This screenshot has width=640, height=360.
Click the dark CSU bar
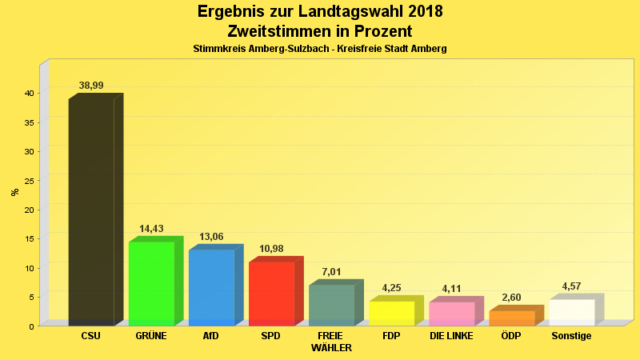tap(91, 212)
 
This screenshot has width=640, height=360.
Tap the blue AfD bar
tap(211, 287)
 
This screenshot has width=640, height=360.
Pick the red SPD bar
tap(271, 293)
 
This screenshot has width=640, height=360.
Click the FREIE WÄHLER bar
tap(331, 305)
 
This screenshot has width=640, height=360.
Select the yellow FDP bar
tap(391, 313)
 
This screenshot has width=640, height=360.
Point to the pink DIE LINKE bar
tap(451, 314)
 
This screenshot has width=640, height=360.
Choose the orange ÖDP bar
tap(511, 318)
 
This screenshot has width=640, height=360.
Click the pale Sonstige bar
tap(571, 312)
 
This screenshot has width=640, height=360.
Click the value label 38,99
tap(91, 86)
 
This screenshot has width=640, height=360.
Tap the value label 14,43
tap(151, 229)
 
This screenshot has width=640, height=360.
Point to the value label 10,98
tap(271, 249)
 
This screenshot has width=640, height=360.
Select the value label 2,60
tap(511, 298)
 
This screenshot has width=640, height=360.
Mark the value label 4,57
tap(571, 286)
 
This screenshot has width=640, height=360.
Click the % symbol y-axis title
tap(14, 192)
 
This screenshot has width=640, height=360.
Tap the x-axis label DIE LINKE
tap(451, 336)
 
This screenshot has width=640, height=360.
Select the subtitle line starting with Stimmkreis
tap(319, 49)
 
